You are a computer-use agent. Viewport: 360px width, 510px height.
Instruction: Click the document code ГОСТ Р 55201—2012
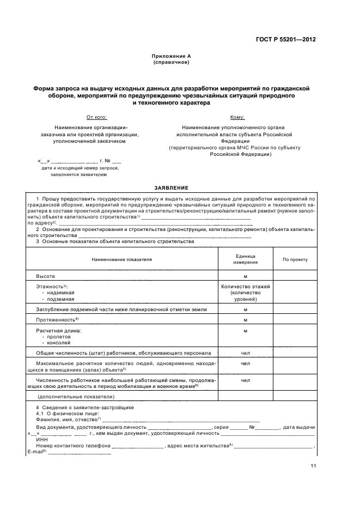pyautogui.click(x=286, y=39)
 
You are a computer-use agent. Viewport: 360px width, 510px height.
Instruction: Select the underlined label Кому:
pyautogui.click(x=237, y=117)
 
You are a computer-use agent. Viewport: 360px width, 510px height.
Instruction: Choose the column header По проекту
pyautogui.click(x=295, y=259)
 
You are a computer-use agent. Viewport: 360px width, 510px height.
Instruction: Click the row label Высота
pyautogui.click(x=45, y=276)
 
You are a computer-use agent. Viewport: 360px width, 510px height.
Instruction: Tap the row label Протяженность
pyautogui.click(x=57, y=319)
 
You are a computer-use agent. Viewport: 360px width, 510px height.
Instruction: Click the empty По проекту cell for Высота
pyautogui.click(x=295, y=276)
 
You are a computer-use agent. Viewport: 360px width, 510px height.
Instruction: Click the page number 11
pyautogui.click(x=313, y=465)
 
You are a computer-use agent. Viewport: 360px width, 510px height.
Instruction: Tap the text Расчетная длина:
pyautogui.click(x=58, y=331)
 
